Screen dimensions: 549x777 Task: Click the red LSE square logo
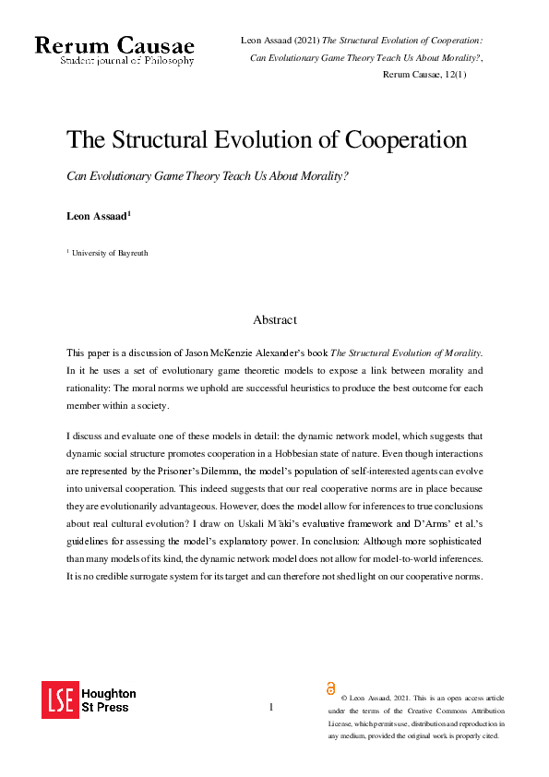[x=60, y=700]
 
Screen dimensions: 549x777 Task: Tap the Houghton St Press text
[x=109, y=700]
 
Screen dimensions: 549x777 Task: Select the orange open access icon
[x=331, y=688]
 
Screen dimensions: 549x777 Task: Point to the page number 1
[x=271, y=707]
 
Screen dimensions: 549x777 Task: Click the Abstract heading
[x=275, y=319]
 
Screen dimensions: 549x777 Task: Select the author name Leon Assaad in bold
[x=101, y=216]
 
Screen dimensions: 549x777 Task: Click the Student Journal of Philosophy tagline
[x=127, y=61]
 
